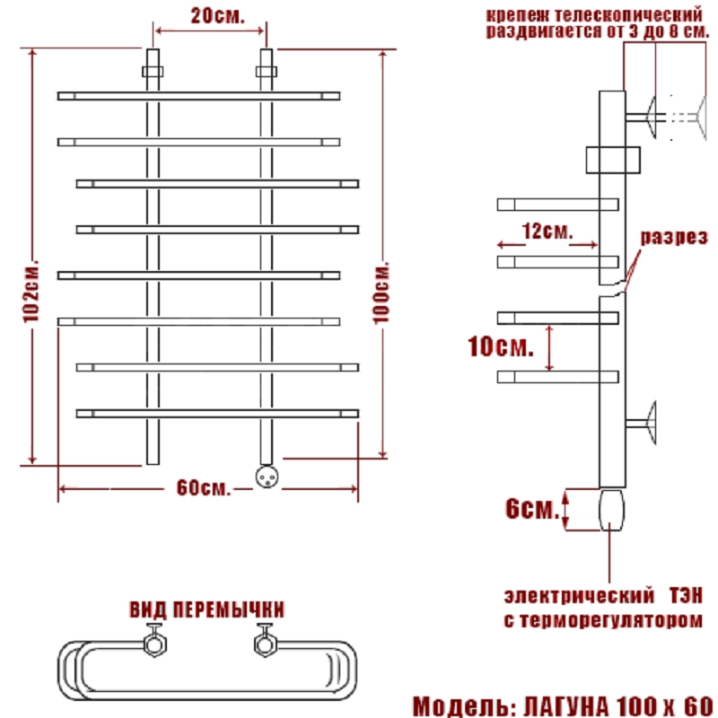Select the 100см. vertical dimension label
coord(383,293)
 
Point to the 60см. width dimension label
coord(203,489)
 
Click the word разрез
coord(674,237)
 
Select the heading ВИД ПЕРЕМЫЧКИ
coord(206,610)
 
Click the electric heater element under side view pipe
coord(610,509)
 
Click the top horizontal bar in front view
coord(198,95)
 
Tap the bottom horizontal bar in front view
coord(217,413)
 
